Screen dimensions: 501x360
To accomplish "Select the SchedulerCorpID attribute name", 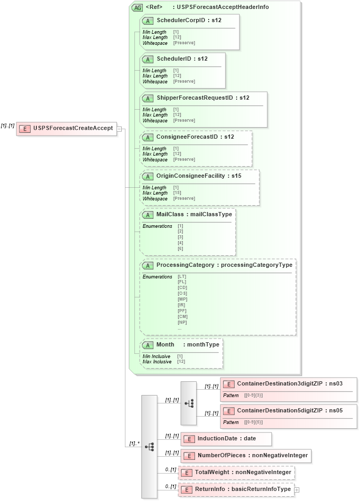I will click(x=181, y=20).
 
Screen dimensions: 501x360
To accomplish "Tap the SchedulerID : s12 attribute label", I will click(x=182, y=59).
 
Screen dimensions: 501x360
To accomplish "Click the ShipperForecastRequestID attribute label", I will click(x=202, y=98).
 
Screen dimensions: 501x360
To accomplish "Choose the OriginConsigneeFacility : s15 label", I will click(x=199, y=176).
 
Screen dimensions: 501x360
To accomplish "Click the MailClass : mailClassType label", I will click(x=194, y=215).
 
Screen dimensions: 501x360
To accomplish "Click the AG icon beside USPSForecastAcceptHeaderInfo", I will click(x=137, y=7).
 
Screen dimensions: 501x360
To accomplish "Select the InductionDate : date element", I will click(x=226, y=439).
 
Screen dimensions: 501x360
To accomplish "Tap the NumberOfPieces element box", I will click(x=246, y=455).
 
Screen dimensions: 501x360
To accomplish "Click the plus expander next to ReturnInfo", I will click(x=297, y=489).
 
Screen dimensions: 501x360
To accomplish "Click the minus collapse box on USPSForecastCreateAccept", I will click(x=120, y=128).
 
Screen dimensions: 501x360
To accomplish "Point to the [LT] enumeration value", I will click(x=182, y=276).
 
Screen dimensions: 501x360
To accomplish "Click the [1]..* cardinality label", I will click(x=134, y=443).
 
